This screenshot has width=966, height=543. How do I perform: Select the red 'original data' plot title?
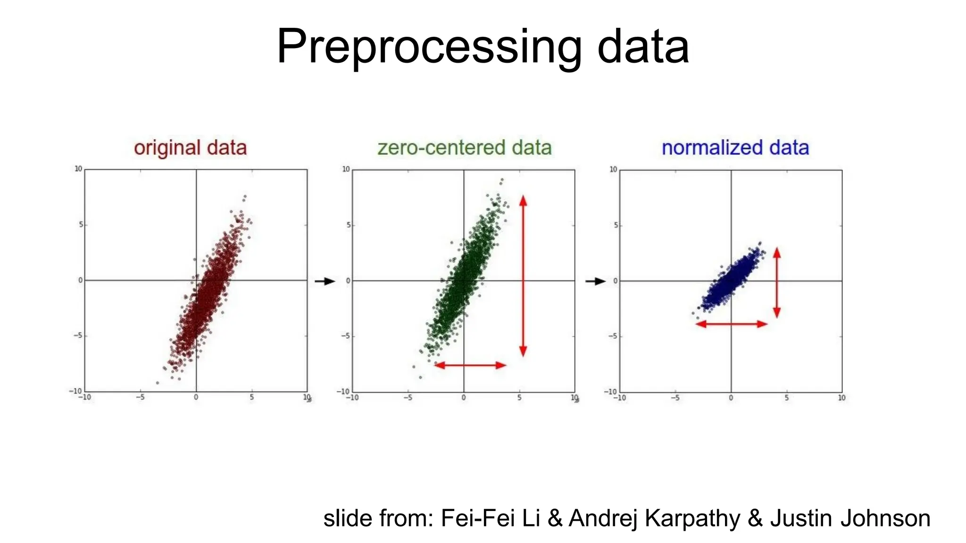(x=190, y=148)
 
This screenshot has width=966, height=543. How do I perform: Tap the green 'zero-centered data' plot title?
(x=465, y=148)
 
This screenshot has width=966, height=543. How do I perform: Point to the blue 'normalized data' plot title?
(x=735, y=148)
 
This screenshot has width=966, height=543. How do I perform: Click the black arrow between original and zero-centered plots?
(x=325, y=281)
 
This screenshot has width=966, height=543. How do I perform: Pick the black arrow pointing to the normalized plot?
(x=595, y=281)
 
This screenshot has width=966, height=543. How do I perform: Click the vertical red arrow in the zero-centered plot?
(x=523, y=276)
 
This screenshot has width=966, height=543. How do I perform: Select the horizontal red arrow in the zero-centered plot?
(x=470, y=365)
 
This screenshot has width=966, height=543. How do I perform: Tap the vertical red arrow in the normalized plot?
(x=777, y=282)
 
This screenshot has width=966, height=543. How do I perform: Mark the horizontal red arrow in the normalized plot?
(x=732, y=324)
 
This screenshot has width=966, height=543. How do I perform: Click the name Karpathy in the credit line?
(x=692, y=518)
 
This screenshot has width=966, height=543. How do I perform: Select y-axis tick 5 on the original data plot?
(x=81, y=225)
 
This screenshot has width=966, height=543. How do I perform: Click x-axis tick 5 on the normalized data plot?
(x=786, y=398)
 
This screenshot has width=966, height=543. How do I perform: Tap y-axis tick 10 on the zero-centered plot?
(x=346, y=169)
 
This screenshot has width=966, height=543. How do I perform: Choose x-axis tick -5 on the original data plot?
(x=140, y=397)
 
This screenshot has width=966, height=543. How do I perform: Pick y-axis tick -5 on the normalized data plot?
(x=612, y=337)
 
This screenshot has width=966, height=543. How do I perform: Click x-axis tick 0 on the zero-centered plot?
(x=464, y=398)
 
